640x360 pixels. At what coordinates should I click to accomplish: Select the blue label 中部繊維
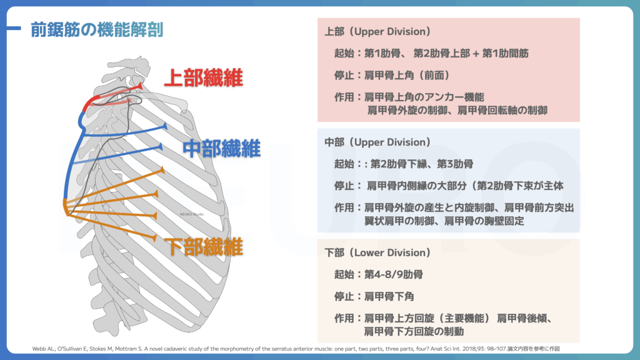tap(221, 149)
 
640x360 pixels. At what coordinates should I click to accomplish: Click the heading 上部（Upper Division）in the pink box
tap(377, 31)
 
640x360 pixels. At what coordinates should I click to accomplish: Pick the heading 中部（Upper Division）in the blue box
tap(377, 142)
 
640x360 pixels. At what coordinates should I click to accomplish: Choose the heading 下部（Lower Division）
tap(377, 252)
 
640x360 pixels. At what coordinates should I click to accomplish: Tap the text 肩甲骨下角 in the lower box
tap(389, 296)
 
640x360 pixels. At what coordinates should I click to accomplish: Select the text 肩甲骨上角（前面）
tap(407, 75)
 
